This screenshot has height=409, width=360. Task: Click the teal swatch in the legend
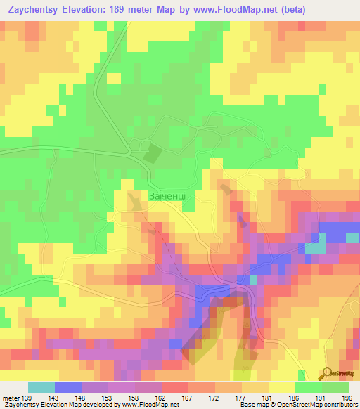(x=41, y=387)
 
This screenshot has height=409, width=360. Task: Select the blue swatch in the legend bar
(x=68, y=387)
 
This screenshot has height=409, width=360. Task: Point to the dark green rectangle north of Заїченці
(x=153, y=152)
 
